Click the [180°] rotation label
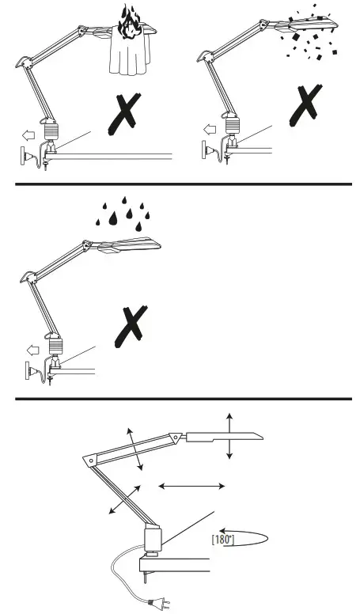point(222,540)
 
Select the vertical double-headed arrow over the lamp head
point(229,435)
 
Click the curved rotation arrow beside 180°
point(247,537)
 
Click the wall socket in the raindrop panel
point(28,370)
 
